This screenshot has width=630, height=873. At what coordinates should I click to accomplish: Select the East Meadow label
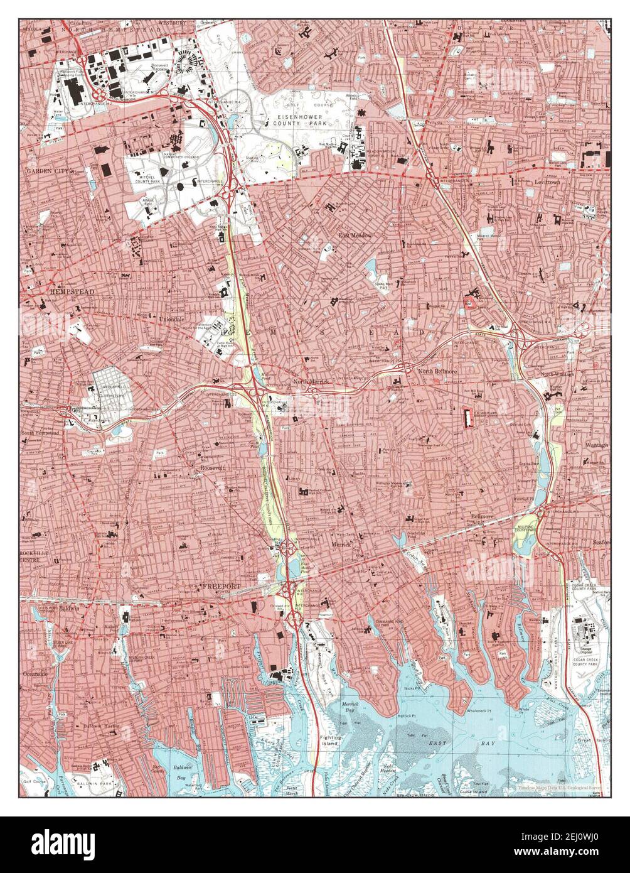coord(356,235)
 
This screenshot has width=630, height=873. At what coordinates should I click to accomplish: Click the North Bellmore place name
coord(437,372)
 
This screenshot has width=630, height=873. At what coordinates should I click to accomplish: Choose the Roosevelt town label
coord(213,468)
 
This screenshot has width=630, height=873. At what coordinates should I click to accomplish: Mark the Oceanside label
coord(36,673)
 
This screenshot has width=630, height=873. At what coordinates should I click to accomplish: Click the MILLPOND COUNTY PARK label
coord(526,527)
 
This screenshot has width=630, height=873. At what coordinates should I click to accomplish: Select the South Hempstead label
coord(45,433)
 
